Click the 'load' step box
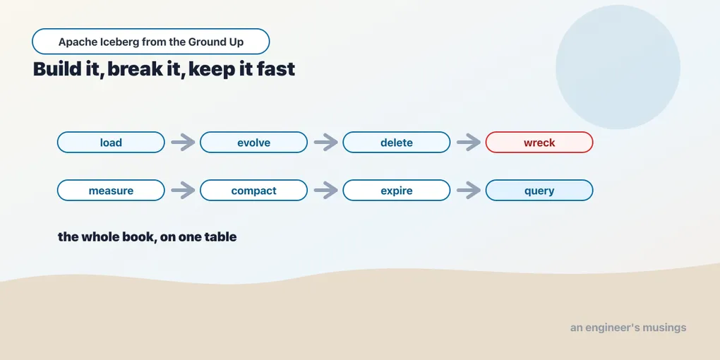click(x=111, y=143)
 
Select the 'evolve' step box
click(x=253, y=143)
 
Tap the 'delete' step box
click(x=396, y=143)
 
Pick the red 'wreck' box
click(x=539, y=143)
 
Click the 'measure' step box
click(x=111, y=190)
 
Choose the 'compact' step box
click(x=253, y=190)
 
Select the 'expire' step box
click(x=396, y=190)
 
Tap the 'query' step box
click(x=539, y=190)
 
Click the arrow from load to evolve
click(x=183, y=143)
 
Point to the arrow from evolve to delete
click(x=325, y=143)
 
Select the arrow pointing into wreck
click(x=469, y=143)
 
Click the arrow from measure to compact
click(x=183, y=190)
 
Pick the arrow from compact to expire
click(x=325, y=190)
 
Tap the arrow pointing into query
click(x=469, y=190)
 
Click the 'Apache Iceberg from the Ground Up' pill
click(x=150, y=42)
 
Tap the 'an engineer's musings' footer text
click(x=628, y=328)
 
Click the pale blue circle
click(x=618, y=67)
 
